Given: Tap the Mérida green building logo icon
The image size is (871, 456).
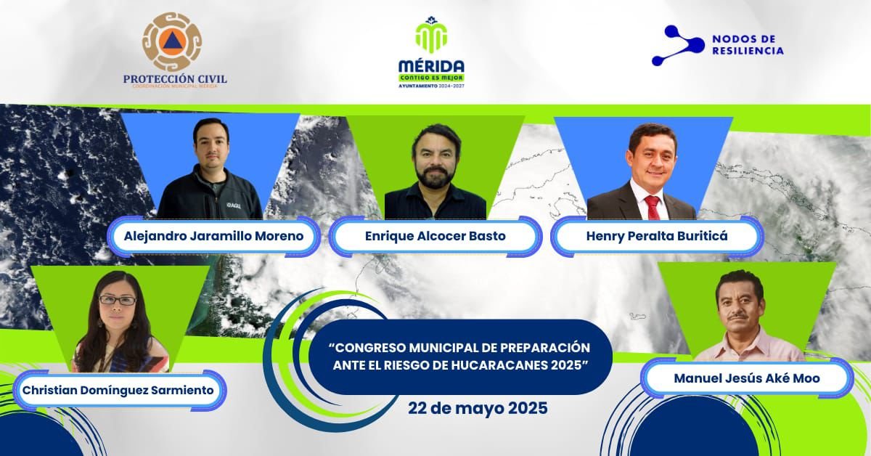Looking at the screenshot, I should pos(431,34).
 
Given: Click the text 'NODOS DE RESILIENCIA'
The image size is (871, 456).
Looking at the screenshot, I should pos(748,45).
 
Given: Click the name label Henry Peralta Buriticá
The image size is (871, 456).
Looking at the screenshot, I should pos(655,237).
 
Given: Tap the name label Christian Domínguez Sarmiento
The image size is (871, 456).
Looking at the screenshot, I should pos(119,391).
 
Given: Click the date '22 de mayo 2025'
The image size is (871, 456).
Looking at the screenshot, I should pos(478,408).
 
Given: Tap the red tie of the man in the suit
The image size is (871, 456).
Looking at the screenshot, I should pos(652,207).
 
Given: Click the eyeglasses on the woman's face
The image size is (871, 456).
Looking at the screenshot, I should pos(118,300).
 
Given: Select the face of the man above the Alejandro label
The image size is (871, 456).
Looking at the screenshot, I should pos(211,145).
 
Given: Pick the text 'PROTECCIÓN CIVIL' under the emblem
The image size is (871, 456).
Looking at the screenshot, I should pos(175,79).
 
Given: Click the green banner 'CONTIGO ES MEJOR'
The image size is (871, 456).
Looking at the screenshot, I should pos(431,76).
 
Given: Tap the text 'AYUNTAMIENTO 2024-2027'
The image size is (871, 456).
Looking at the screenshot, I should pos(431,86).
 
